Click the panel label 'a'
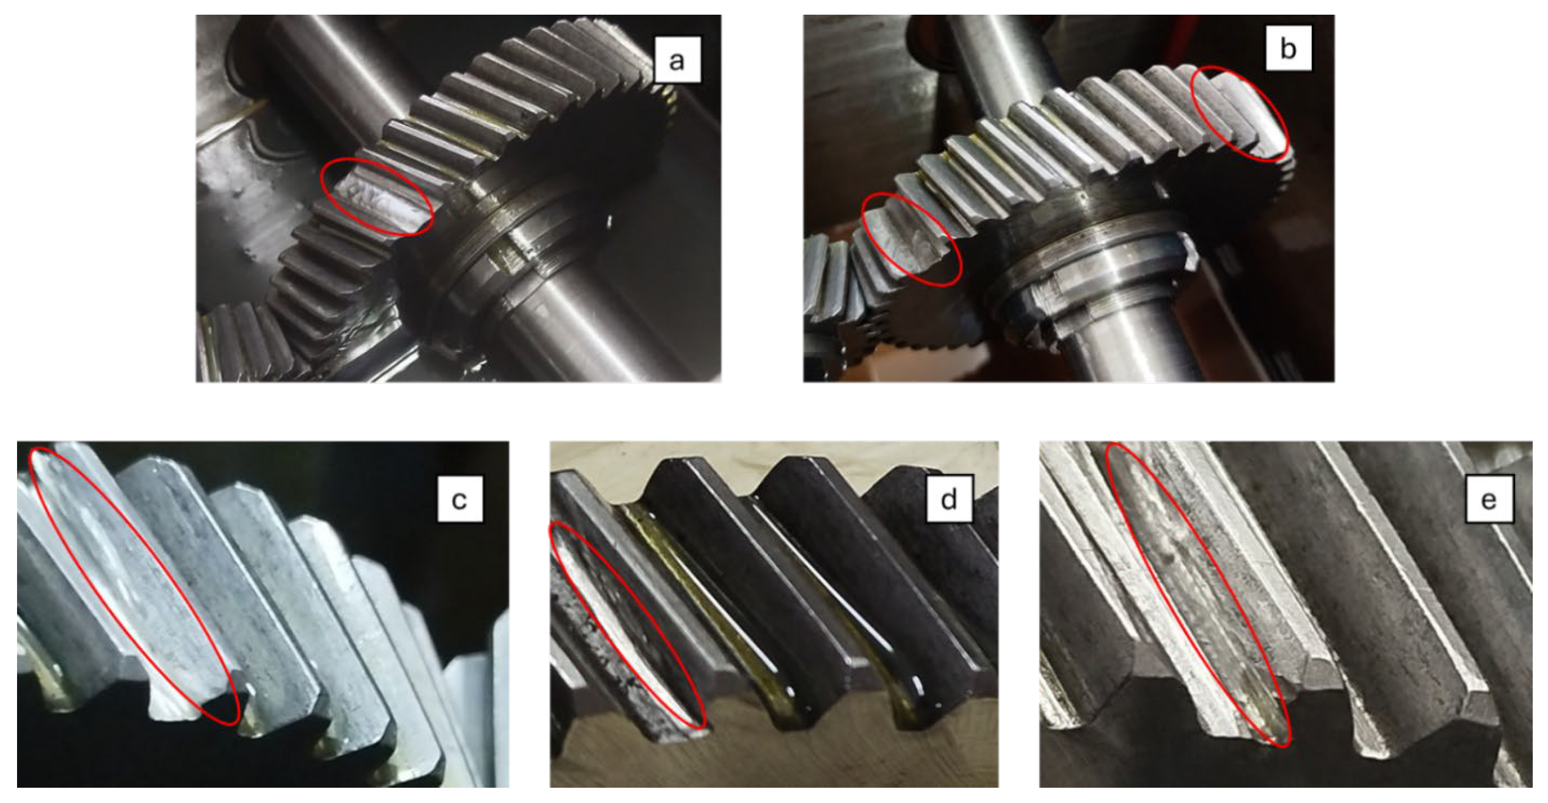click(x=677, y=60)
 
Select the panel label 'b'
click(x=1288, y=48)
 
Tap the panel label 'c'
click(x=460, y=499)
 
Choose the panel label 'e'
click(x=1489, y=499)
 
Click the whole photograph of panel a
click(x=459, y=198)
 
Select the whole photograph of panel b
click(x=1069, y=198)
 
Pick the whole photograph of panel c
click(x=263, y=614)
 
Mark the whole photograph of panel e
click(x=1286, y=614)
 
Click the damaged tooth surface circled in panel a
click(x=379, y=198)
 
